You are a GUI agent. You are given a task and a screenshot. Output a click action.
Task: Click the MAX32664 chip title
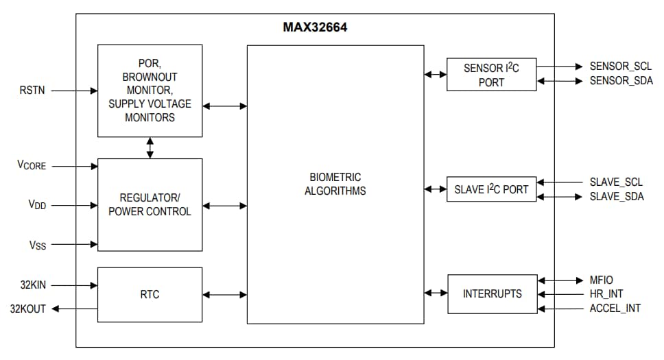[314, 28]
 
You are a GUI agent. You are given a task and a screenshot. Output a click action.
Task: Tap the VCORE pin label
[32, 165]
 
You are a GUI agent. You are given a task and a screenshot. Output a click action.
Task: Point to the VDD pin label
[37, 204]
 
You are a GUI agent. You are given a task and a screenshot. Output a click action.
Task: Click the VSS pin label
[37, 244]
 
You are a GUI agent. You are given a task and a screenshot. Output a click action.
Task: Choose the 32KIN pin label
[32, 284]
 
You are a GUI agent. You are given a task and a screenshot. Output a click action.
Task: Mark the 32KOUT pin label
[29, 309]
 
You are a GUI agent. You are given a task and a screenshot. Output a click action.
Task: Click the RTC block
[150, 294]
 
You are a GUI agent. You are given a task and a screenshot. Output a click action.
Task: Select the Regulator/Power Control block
[150, 204]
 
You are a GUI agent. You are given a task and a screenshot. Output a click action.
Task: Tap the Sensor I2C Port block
[491, 75]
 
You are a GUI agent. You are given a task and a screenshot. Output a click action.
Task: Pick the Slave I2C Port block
[491, 189]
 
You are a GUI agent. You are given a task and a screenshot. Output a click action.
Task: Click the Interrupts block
[492, 293]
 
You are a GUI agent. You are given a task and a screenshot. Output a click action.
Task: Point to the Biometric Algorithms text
[335, 184]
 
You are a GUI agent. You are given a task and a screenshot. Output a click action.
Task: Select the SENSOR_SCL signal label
[619, 67]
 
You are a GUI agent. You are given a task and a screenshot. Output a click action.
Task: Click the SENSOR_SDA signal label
[619, 81]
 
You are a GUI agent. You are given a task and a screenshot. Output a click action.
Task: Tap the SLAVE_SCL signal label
[616, 182]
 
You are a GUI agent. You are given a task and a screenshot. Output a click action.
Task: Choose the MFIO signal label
[601, 280]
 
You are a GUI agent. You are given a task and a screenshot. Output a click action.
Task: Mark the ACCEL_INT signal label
[615, 308]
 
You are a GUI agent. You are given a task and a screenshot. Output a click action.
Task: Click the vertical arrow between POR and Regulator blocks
[150, 147]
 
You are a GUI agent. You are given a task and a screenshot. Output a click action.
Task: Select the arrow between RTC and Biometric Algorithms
[224, 295]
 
